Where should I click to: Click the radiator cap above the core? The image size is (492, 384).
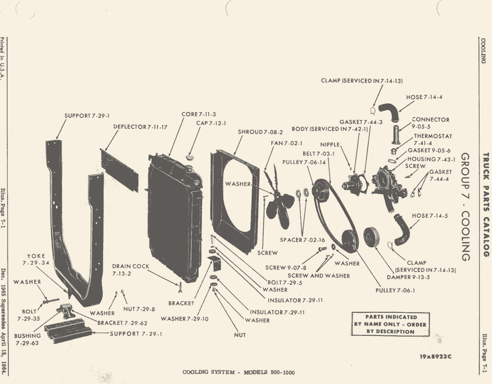tap(189, 157)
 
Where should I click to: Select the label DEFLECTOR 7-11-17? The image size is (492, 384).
tap(140, 127)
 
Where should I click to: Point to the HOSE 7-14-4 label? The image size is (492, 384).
tap(424, 97)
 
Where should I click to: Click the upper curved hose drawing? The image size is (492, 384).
tap(389, 112)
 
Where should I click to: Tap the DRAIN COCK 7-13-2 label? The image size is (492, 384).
tap(131, 270)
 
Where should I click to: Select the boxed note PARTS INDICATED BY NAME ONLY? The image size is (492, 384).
tap(390, 324)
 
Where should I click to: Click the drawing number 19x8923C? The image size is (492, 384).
tap(436, 357)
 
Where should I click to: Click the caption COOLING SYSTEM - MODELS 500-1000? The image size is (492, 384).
tap(238, 372)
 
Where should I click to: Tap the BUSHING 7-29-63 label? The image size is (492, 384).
tap(27, 340)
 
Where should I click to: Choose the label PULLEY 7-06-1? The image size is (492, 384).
tap(395, 291)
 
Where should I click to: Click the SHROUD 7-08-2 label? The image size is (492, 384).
tap(261, 132)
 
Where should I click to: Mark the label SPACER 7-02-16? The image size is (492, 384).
tap(302, 240)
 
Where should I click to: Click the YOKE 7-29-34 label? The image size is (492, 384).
tap(36, 259)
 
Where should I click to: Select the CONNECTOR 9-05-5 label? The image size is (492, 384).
tap(431, 123)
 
